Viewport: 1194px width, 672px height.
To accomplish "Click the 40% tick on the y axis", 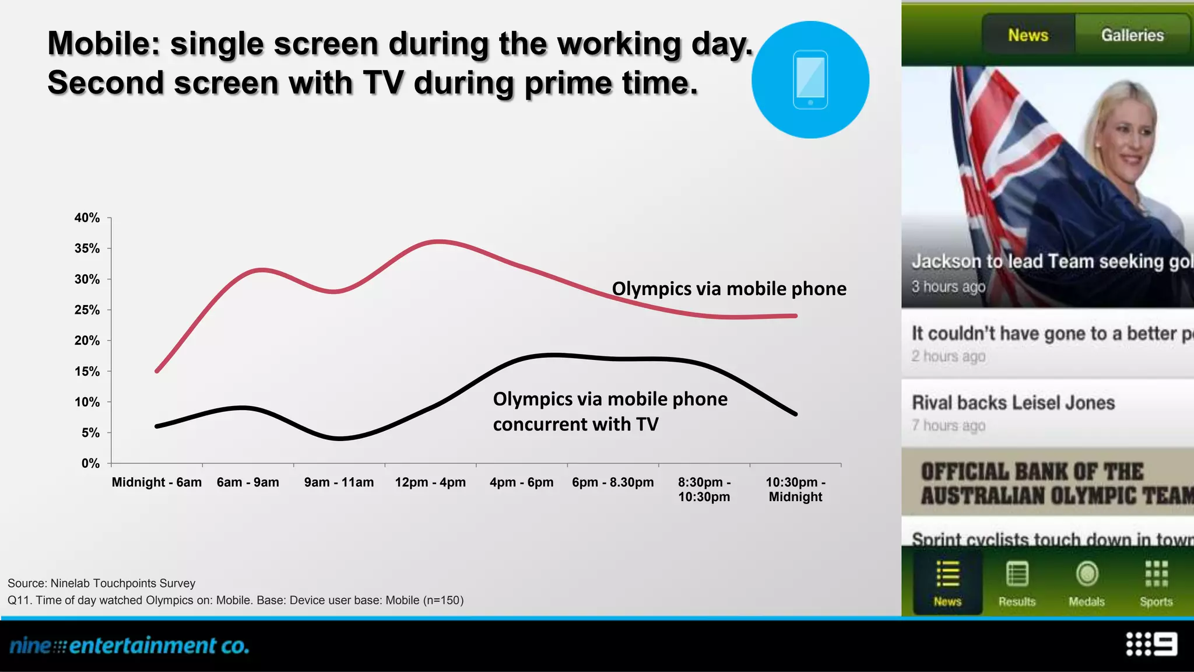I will point(87,218).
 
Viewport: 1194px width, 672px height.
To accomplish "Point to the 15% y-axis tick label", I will point(87,372).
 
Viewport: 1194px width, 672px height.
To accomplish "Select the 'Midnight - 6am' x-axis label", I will point(156,482).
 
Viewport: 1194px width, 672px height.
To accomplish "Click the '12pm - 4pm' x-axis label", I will point(430,482).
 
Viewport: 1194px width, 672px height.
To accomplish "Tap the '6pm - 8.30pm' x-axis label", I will point(613,482).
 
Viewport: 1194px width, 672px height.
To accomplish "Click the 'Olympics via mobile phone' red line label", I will point(729,289).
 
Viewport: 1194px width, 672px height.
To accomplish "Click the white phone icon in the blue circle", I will point(810,80).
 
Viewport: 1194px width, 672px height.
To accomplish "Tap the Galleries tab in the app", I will point(1132,35).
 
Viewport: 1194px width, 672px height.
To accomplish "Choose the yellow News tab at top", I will point(1028,35).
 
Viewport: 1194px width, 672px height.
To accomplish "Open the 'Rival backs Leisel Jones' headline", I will point(1013,402).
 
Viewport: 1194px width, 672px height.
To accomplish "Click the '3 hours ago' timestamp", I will point(949,287).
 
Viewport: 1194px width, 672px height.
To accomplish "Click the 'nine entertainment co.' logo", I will point(129,646).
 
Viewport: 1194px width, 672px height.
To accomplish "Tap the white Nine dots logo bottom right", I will point(1151,644).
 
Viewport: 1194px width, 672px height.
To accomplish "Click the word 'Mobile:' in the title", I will point(104,44).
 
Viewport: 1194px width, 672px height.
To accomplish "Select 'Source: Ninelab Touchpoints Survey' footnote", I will point(101,583).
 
